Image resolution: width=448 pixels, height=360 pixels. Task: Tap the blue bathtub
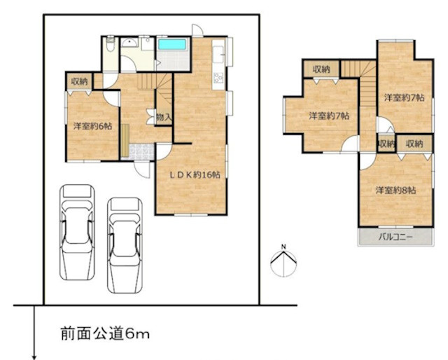click(x=171, y=45)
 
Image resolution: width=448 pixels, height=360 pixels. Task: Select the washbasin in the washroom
click(x=129, y=43)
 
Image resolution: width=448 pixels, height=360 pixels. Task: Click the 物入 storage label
click(x=163, y=118)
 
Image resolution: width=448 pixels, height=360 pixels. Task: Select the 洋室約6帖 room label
click(x=92, y=127)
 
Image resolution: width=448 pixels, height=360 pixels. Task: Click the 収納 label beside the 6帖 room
click(x=78, y=82)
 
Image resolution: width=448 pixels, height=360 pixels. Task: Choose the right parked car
click(x=125, y=242)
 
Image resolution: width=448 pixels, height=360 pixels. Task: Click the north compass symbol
click(x=283, y=261)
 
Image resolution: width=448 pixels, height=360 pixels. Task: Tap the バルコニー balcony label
click(x=395, y=237)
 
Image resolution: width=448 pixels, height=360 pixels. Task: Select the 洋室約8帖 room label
click(x=395, y=190)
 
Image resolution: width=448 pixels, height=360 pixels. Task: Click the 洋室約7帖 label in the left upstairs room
click(x=330, y=116)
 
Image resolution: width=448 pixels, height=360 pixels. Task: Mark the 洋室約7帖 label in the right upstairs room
click(x=402, y=98)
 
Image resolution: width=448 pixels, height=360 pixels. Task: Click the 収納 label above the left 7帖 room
click(x=321, y=69)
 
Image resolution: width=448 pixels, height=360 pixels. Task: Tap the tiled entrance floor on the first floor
click(x=141, y=150)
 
